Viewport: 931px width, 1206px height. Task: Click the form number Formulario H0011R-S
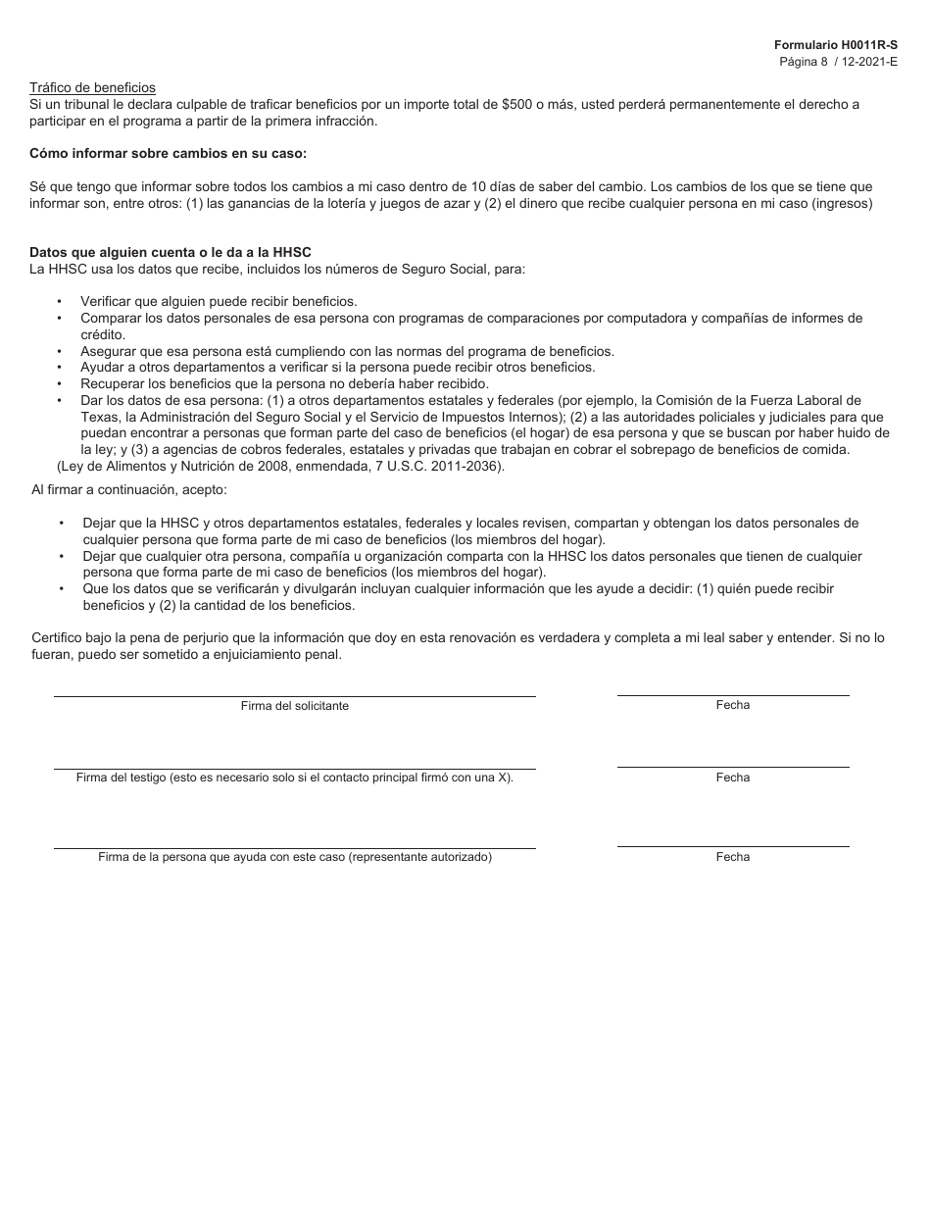[835, 45]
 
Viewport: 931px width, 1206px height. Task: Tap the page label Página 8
[804, 61]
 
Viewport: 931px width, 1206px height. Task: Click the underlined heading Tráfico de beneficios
[92, 88]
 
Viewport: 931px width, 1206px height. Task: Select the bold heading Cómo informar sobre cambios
[168, 153]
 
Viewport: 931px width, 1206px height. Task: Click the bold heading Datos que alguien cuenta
[170, 252]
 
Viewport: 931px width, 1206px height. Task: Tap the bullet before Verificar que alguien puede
[60, 302]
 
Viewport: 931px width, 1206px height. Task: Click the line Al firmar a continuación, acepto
[129, 489]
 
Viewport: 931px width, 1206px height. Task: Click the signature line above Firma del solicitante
[294, 696]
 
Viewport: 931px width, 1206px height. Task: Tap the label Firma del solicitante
[294, 706]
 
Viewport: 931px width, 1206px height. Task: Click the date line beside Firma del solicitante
[732, 695]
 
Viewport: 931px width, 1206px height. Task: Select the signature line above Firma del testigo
[294, 769]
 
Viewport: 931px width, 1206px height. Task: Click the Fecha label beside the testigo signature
[732, 778]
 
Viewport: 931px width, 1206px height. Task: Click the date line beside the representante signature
[732, 846]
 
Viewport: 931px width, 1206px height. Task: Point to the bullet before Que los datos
[61, 589]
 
